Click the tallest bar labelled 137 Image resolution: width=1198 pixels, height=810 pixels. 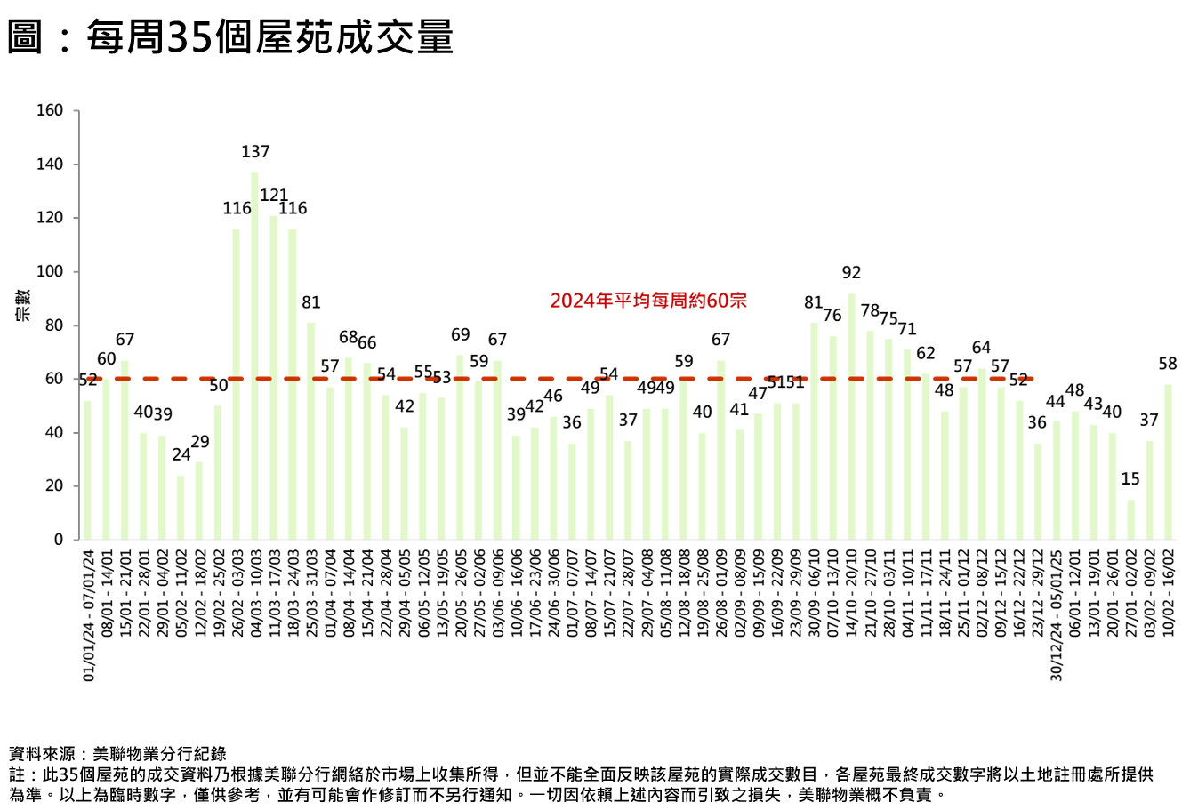254,356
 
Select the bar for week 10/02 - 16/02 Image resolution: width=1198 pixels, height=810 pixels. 1168,462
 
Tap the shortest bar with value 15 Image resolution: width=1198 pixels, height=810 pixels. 1130,520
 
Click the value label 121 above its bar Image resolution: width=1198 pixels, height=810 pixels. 274,196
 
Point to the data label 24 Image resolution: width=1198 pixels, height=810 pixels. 181,454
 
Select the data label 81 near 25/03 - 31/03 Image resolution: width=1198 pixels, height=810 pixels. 310,302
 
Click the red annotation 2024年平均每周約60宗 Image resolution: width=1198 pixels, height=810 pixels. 648,301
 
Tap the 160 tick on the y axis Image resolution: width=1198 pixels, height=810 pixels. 50,111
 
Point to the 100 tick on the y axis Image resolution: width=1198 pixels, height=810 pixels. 50,272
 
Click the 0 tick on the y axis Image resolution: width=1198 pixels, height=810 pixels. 59,540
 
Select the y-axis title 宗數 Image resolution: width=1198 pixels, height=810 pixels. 23,305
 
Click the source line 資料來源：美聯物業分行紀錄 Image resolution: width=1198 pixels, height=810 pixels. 117,755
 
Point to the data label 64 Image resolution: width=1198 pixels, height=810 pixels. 981,348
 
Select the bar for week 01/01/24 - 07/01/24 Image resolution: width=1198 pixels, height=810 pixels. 87,470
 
